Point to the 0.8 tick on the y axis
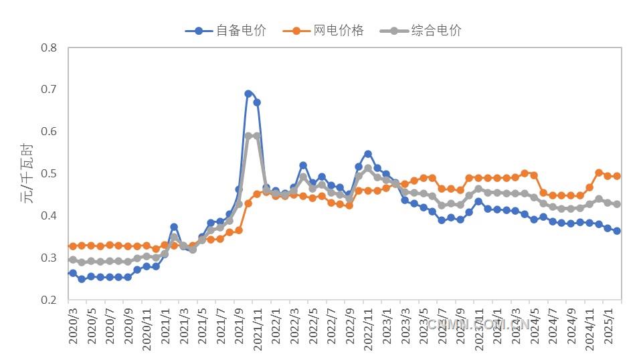[x=50, y=48]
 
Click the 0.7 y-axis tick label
[x=50, y=90]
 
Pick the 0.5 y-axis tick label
[x=50, y=174]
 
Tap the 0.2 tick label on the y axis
[x=50, y=300]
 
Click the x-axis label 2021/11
[x=256, y=329]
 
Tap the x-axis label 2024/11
[x=589, y=329]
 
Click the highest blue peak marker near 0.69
[x=248, y=94]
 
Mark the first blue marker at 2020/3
[x=73, y=273]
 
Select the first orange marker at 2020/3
[x=73, y=246]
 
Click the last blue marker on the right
[x=617, y=231]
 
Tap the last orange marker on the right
[x=617, y=176]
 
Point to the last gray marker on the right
[x=617, y=204]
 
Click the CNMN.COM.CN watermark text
[x=478, y=325]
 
